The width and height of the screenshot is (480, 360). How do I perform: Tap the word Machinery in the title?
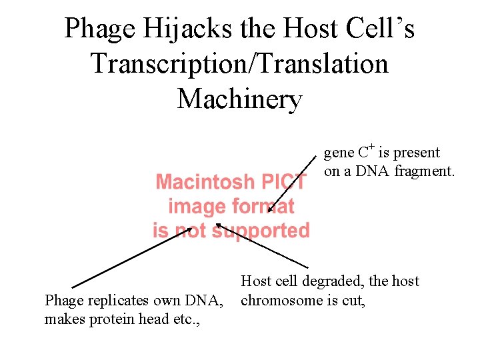pos(240,99)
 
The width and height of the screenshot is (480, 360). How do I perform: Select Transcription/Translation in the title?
pos(240,65)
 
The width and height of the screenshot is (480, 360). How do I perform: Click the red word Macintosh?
pos(205,182)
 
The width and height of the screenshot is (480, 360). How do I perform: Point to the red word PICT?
pos(285,182)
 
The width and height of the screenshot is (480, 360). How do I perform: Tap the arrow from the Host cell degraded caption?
pos(263,247)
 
